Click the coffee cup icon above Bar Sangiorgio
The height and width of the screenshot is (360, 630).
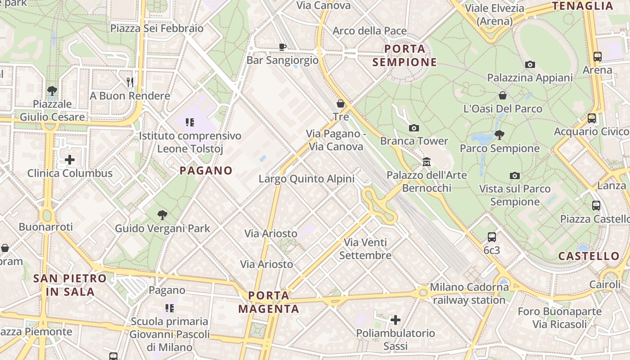pyautogui.click(x=282, y=47)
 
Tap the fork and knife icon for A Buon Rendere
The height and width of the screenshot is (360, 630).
pyautogui.click(x=130, y=82)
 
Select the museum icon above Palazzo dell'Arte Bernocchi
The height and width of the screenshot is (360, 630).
pyautogui.click(x=426, y=162)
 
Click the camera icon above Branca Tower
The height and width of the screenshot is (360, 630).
pyautogui.click(x=414, y=128)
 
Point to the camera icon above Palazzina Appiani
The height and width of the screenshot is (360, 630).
pyautogui.click(x=530, y=64)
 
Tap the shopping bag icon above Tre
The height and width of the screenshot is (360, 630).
pyautogui.click(x=341, y=103)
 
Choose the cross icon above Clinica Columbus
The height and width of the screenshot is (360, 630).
pyautogui.click(x=70, y=160)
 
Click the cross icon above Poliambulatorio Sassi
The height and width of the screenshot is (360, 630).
pyautogui.click(x=396, y=320)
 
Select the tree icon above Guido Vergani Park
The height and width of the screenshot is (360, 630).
pyautogui.click(x=162, y=215)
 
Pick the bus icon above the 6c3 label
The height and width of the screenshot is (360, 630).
pyautogui.click(x=492, y=237)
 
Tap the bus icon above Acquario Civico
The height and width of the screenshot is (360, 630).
pyautogui.click(x=592, y=118)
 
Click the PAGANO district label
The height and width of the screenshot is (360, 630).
pyautogui.click(x=206, y=171)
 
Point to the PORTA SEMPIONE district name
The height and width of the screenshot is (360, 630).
pyautogui.click(x=405, y=55)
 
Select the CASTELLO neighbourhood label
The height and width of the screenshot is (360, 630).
pyautogui.click(x=589, y=256)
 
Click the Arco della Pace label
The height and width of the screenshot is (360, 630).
pyautogui.click(x=369, y=31)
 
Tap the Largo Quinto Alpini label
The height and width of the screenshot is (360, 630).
pyautogui.click(x=306, y=179)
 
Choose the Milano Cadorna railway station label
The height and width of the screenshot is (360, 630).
pyautogui.click(x=469, y=293)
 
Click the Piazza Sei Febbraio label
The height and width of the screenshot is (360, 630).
pyautogui.click(x=157, y=28)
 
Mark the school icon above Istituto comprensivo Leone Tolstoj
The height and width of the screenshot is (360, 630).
pyautogui.click(x=189, y=122)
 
